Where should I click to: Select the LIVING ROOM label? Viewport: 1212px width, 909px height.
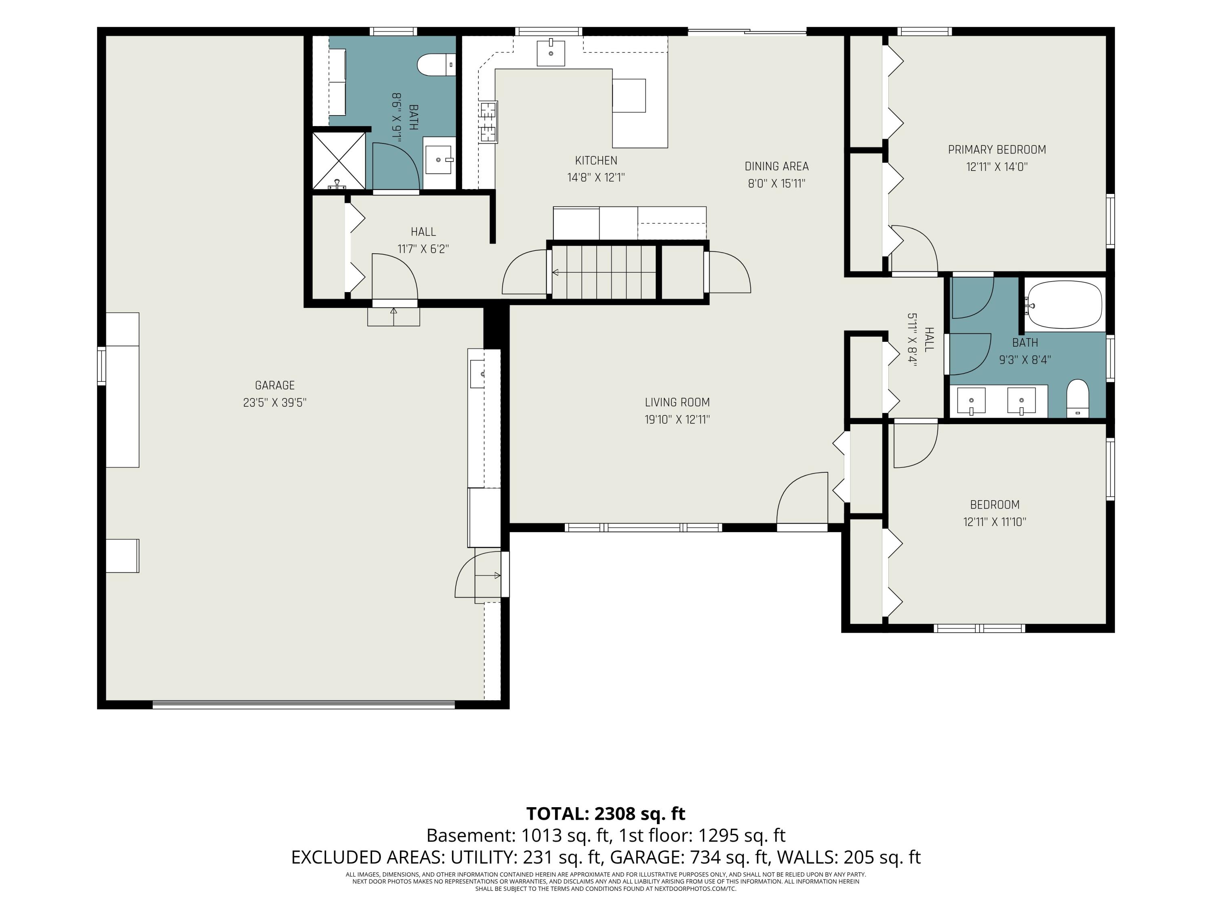pos(677,402)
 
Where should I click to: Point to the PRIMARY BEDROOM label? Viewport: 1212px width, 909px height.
pos(997,149)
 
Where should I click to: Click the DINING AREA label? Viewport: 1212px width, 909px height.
pos(776,166)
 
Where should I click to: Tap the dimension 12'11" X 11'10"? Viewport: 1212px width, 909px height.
pos(995,522)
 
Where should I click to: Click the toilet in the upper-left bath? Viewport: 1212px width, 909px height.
pos(436,65)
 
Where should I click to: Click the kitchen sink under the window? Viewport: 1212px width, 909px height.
pos(551,53)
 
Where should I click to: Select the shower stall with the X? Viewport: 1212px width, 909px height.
pos(339,160)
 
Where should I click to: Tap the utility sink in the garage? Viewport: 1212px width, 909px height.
pos(477,374)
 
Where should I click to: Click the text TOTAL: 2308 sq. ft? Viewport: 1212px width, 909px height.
pos(606,814)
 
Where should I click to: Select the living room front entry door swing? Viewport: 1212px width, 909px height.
pos(802,497)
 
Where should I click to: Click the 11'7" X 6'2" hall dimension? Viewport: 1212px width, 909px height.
pos(423,249)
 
